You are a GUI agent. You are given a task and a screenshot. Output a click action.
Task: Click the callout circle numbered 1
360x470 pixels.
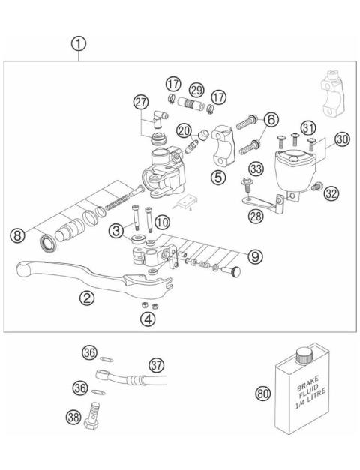[79, 43]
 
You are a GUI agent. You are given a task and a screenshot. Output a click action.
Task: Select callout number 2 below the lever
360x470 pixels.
[88, 298]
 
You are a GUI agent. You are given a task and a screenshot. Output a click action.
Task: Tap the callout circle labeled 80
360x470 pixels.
[263, 392]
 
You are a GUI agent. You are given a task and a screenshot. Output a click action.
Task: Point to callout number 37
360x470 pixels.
[155, 364]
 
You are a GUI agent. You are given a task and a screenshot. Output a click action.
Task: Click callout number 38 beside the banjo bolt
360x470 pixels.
[73, 418]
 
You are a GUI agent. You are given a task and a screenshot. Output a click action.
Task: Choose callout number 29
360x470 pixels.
[196, 89]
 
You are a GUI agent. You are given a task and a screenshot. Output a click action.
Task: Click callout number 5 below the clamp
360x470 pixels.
[218, 178]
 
